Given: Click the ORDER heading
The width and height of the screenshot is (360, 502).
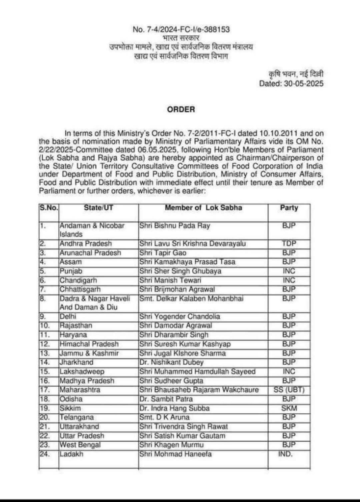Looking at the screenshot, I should coord(181,109).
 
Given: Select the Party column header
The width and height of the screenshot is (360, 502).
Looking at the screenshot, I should coord(289,208).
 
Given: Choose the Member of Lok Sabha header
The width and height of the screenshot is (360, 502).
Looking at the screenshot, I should coord(203,208).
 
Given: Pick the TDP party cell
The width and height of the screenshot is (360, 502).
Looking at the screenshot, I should coord(289,243).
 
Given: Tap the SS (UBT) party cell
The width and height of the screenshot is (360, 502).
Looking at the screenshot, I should coord(289,390).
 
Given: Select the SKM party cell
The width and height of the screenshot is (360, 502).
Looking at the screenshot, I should coord(289,408).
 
